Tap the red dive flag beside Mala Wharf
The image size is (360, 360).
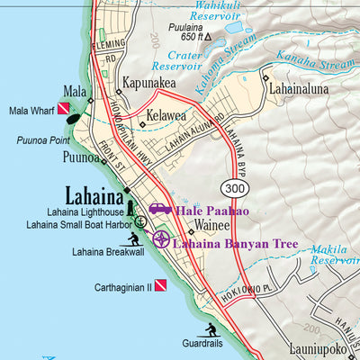[65, 111]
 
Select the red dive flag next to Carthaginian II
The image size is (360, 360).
[160, 286]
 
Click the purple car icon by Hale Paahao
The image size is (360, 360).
[160, 210]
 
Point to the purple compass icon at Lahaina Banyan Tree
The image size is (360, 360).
[161, 238]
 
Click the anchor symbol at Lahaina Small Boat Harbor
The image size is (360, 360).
[140, 220]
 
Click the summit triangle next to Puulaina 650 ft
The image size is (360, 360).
[208, 37]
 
